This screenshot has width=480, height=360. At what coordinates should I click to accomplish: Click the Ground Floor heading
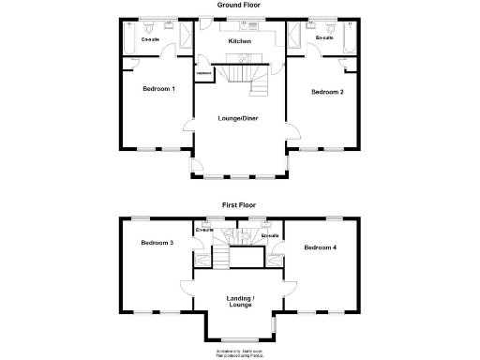point(239,5)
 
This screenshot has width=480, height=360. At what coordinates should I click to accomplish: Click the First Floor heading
point(239,203)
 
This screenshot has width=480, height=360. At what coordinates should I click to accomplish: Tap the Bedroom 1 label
point(158,89)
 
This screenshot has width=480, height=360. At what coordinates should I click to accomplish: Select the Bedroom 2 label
point(327,91)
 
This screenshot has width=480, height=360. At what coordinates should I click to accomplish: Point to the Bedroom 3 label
point(157,243)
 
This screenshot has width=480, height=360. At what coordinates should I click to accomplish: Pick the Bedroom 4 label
point(321,247)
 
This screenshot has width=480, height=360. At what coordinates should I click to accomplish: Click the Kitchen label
point(240,42)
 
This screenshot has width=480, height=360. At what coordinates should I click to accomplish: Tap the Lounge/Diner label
point(239,118)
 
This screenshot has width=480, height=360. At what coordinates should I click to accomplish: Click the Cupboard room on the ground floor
point(202,73)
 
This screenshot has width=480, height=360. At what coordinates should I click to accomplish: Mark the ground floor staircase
point(248,75)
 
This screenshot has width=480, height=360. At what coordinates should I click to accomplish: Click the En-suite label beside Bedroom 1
point(149,40)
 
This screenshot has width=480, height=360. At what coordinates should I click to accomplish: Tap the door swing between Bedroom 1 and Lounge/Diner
point(187,128)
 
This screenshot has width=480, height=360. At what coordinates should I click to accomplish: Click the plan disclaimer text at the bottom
point(239,352)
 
